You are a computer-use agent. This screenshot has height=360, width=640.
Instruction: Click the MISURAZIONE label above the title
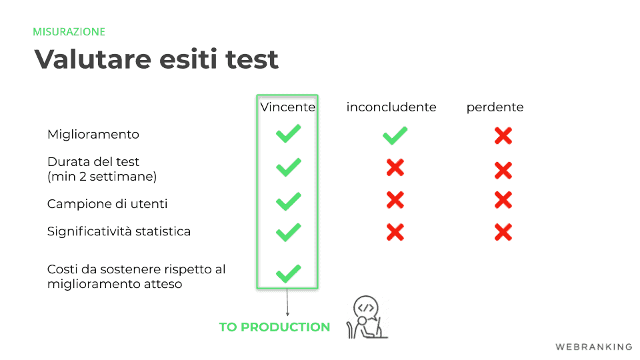69,32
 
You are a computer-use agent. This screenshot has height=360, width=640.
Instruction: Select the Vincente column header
288,107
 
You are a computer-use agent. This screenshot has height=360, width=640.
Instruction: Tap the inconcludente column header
391,107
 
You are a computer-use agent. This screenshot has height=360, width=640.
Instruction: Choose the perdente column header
495,107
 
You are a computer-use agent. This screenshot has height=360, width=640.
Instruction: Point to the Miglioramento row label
93,135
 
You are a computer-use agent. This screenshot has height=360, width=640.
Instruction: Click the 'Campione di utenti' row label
107,204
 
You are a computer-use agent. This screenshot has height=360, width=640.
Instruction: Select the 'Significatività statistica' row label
119,231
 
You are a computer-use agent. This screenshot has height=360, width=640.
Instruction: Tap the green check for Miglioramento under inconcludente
395,135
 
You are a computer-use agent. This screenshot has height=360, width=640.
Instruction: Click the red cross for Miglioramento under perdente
503,136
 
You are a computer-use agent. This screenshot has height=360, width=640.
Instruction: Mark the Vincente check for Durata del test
289,167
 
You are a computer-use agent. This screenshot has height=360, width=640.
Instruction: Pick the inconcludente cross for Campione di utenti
395,200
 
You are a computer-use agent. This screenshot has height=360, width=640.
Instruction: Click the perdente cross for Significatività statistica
503,232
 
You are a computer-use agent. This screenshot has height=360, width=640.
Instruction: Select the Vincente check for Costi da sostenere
289,273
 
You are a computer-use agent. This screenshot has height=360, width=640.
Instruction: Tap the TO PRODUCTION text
274,327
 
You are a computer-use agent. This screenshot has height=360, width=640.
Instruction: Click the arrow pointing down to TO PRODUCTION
287,302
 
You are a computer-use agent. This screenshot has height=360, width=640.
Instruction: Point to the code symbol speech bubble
366,307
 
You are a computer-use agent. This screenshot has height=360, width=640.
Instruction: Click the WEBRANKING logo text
594,347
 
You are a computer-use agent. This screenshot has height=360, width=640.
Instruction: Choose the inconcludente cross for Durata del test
395,167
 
